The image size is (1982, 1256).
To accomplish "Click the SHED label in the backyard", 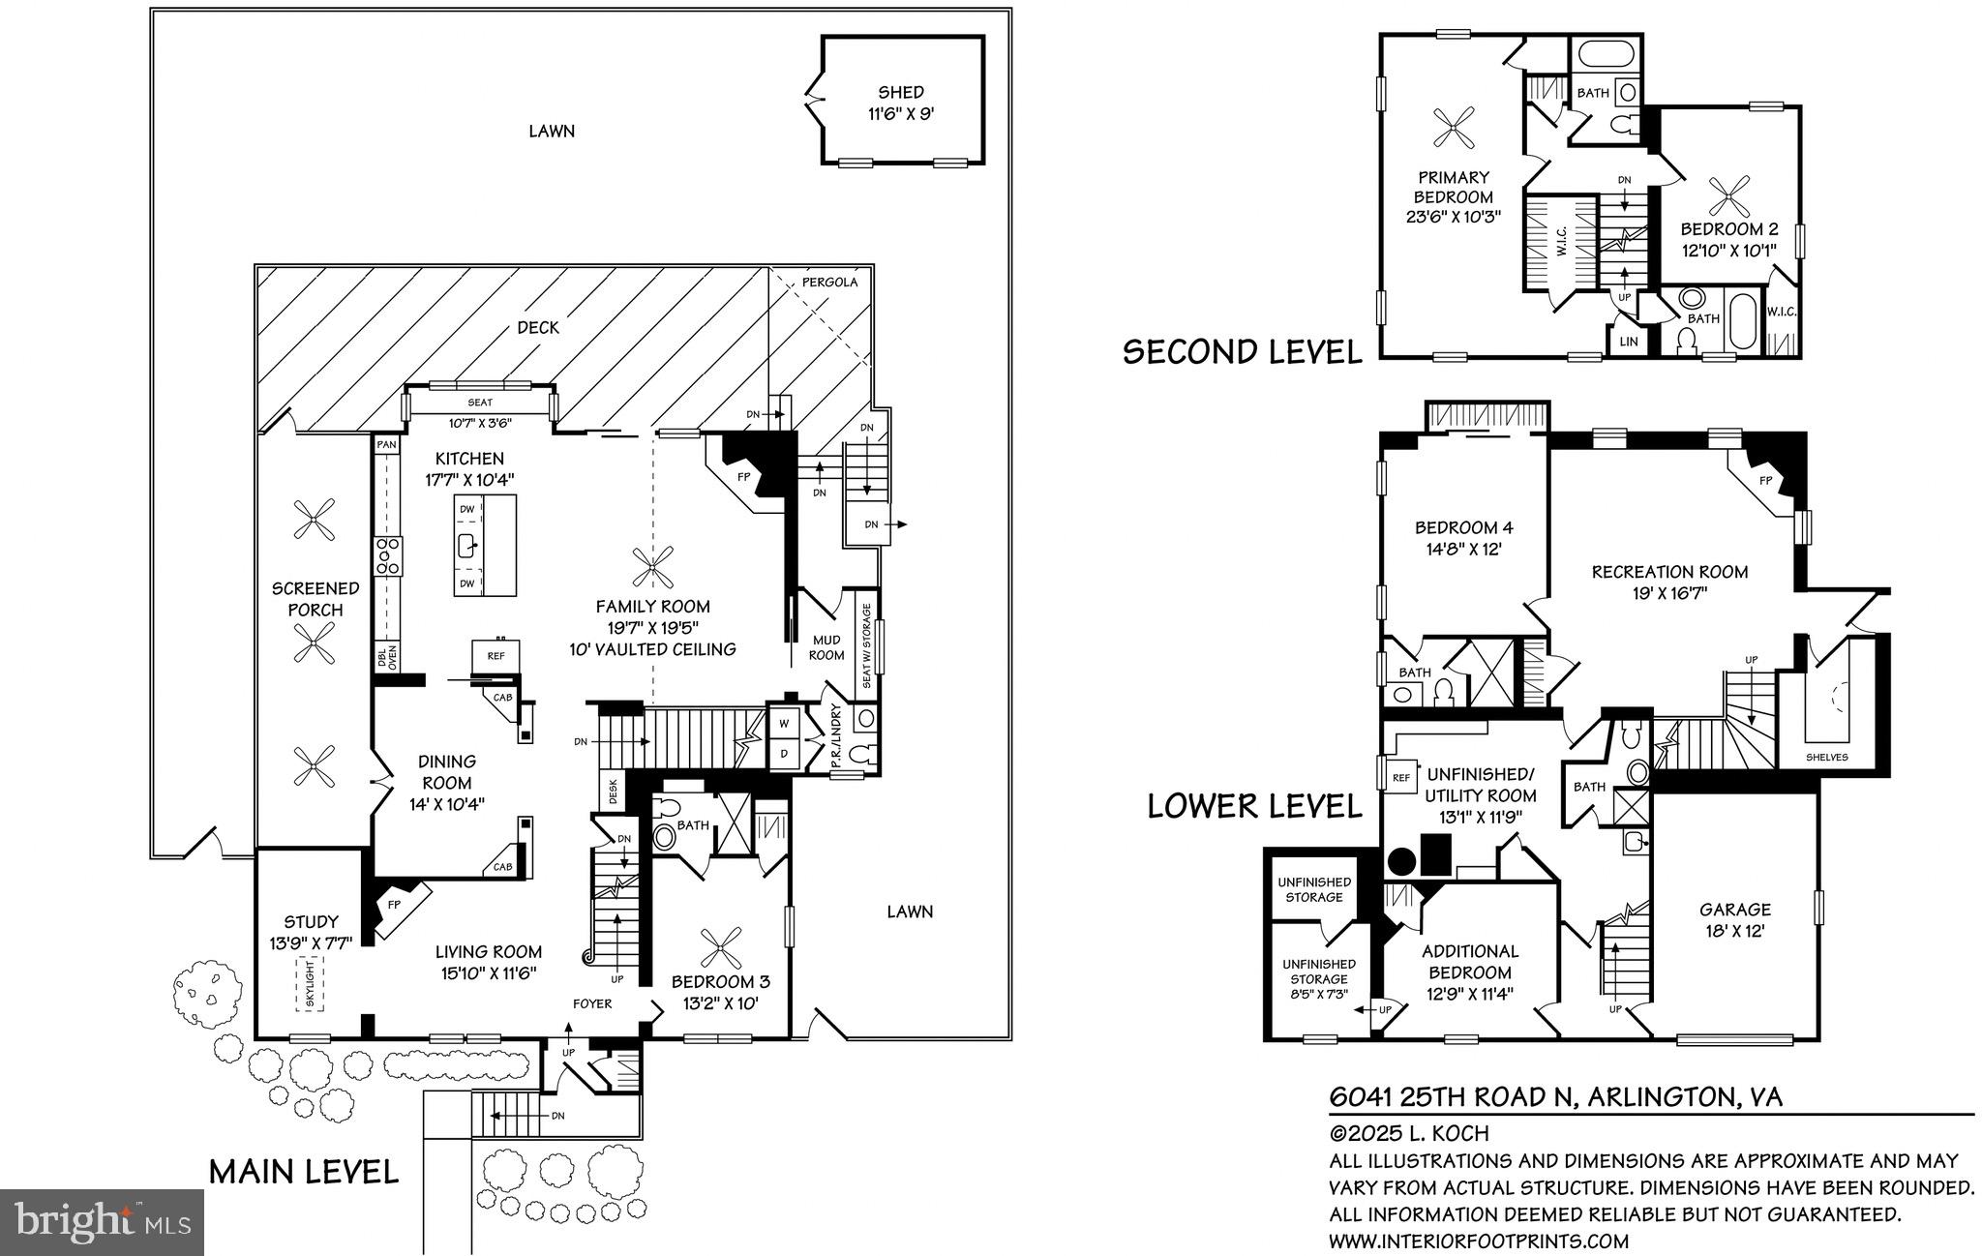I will click(900, 93).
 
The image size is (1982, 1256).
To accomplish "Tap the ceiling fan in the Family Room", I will click(652, 566).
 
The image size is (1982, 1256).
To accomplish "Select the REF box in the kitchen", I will click(495, 655).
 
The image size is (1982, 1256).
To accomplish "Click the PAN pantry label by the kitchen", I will click(386, 444).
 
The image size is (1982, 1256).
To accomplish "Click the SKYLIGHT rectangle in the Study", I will click(310, 984).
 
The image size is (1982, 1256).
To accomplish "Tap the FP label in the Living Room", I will click(394, 905).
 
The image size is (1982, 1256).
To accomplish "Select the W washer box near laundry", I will click(782, 723).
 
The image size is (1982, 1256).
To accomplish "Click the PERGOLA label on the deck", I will click(829, 283).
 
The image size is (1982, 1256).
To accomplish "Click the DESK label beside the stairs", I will click(614, 792).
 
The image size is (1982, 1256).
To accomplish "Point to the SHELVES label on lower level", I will click(1826, 757).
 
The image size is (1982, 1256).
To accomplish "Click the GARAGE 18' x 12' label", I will click(1735, 920).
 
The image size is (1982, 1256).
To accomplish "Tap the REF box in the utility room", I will click(1400, 777).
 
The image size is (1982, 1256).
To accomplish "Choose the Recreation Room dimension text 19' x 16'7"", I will click(1668, 592).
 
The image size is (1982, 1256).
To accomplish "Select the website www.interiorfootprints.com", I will click(1479, 1241).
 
